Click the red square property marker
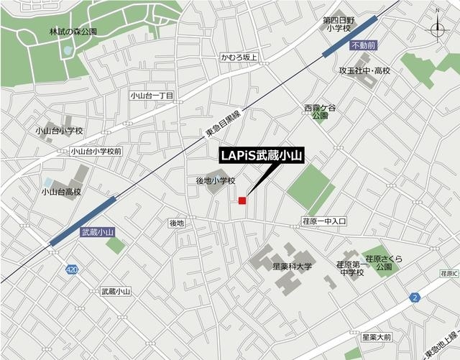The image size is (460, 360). (243, 200)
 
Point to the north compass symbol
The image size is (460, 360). (438, 28)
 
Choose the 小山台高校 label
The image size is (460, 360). (61, 192)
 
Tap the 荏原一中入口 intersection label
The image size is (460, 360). (323, 222)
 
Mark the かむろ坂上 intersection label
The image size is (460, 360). (239, 57)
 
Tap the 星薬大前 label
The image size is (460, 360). (377, 336)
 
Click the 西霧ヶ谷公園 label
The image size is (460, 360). (320, 111)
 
